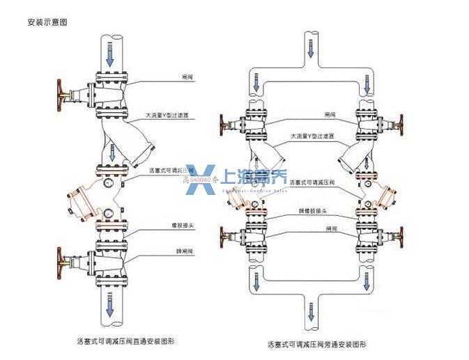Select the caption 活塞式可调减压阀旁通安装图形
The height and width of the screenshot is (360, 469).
pyautogui.click(x=317, y=344)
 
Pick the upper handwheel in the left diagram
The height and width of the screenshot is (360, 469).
pyautogui.click(x=58, y=94)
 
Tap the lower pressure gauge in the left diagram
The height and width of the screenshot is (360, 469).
pyautogui.click(x=109, y=212)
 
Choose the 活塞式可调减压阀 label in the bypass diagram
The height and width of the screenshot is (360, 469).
pyautogui.click(x=307, y=182)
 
